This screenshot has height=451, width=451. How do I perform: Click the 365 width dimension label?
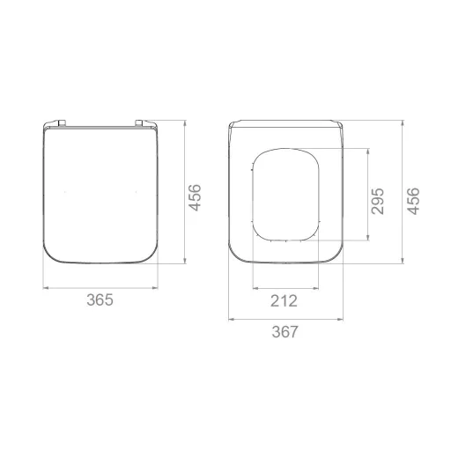point(100,300)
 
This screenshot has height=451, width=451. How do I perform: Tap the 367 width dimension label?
point(285,332)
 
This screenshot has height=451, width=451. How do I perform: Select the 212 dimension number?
point(284,301)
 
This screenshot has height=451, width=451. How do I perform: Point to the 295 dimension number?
point(378,202)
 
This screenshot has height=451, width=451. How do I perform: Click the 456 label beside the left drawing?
point(195,197)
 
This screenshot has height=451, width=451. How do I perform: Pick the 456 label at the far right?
point(413,201)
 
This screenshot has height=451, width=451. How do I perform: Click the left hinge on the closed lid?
point(62,122)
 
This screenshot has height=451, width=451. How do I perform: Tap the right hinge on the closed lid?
point(139,122)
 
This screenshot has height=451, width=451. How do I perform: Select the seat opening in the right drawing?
point(253,194)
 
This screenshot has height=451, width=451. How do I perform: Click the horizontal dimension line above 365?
point(100,288)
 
